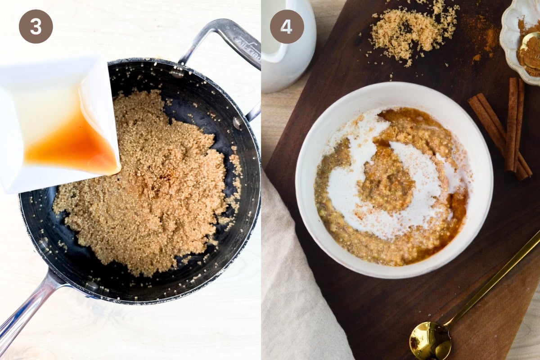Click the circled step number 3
[x=36, y=27]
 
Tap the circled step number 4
[x=287, y=27]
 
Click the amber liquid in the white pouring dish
[x=72, y=145]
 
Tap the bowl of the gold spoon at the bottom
[x=430, y=341]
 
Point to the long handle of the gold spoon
[x=492, y=277]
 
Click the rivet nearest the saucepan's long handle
[x=92, y=285]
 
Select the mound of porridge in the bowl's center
[x=386, y=183]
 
